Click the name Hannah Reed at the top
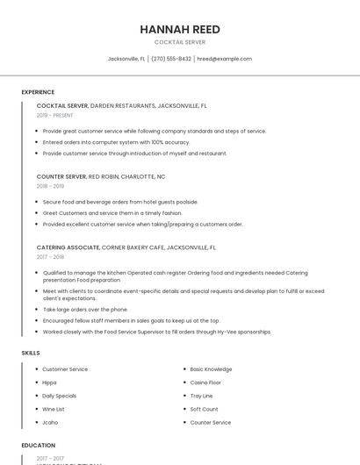180,29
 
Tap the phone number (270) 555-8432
171,59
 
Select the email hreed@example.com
224,59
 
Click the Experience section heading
38,92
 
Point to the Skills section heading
31,353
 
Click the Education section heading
38,445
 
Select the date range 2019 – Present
55,115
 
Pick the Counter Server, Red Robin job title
101,176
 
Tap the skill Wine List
54,409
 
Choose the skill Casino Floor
205,383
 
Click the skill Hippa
50,383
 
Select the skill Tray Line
202,396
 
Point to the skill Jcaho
50,422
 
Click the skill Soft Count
204,409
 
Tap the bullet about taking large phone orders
85,310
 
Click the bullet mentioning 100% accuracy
116,142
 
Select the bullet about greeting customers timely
112,213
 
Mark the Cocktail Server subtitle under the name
180,42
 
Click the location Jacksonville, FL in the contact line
126,59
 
